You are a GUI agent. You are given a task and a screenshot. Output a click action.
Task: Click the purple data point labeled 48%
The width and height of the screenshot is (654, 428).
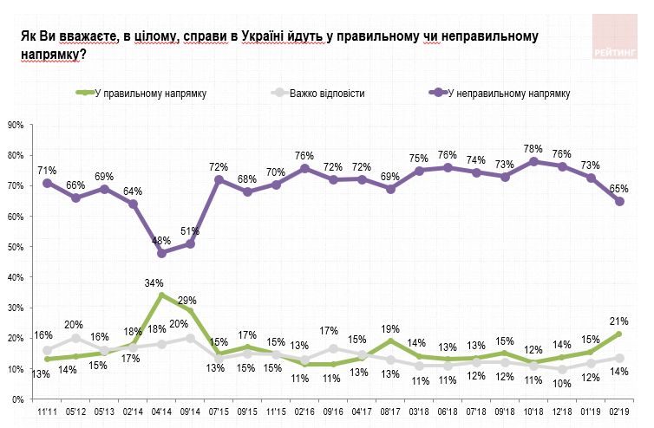click(x=162, y=253)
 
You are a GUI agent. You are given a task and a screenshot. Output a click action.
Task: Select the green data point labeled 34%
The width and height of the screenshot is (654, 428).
click(x=162, y=295)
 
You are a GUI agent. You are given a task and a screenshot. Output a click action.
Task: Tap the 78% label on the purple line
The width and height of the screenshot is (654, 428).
click(x=533, y=148)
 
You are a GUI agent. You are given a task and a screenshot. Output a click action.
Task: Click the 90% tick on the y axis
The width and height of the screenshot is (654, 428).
click(x=16, y=125)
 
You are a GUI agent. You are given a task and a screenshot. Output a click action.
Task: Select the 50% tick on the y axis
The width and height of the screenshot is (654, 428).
click(x=16, y=247)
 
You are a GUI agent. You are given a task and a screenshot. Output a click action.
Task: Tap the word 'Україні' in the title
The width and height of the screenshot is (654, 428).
click(x=264, y=36)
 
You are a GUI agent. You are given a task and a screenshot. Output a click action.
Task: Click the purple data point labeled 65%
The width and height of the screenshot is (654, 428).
click(x=619, y=201)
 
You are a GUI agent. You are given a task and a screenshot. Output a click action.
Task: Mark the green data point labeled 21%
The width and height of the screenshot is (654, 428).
click(x=619, y=334)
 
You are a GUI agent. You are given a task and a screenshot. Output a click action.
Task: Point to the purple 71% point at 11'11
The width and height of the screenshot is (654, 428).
click(x=47, y=183)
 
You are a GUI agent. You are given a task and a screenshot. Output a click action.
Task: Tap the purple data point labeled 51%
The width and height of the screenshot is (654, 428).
click(x=191, y=243)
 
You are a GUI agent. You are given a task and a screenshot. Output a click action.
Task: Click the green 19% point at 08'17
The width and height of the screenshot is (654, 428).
click(x=390, y=340)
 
